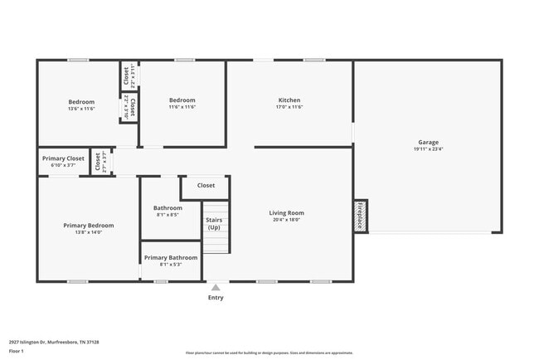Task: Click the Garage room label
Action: click(428, 142)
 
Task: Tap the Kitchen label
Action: click(289, 100)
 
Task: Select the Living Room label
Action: click(286, 213)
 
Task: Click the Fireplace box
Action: click(361, 216)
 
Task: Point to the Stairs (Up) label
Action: click(214, 224)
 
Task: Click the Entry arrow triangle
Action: click(216, 287)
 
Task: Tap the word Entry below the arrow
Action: click(216, 297)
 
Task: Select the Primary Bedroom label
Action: click(89, 225)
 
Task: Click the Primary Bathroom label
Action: click(171, 257)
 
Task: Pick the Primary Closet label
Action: click(64, 158)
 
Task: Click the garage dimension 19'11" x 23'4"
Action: click(428, 149)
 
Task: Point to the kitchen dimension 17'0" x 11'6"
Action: click(289, 107)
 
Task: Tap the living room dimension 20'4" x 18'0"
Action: click(286, 220)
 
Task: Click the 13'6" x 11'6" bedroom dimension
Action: click(81, 108)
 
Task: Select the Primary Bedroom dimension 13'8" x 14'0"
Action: click(89, 232)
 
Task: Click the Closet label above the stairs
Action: click(206, 186)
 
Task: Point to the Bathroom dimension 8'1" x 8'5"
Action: click(167, 215)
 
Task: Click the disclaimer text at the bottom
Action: click(269, 353)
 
